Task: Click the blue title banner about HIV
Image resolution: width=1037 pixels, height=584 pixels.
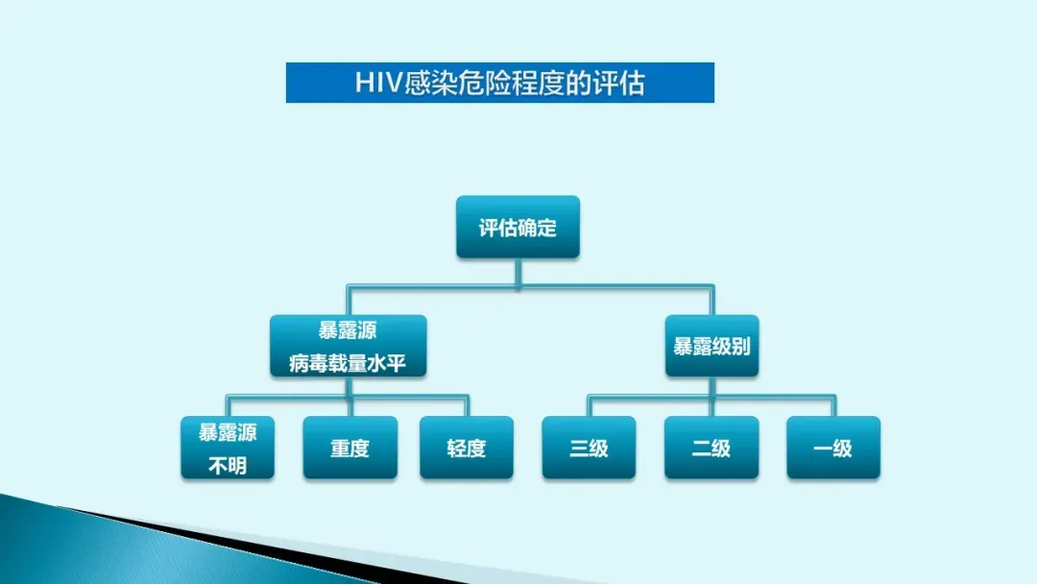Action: pos(499,83)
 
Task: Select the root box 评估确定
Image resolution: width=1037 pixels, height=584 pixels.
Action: pos(518,228)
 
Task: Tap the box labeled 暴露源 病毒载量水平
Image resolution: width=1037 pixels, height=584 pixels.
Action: pos(348,347)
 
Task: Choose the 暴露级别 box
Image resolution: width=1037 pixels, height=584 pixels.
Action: pos(711,347)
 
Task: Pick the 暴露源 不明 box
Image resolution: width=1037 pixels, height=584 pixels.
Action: pos(228,448)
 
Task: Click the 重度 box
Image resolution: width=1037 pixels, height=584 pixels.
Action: pos(350,448)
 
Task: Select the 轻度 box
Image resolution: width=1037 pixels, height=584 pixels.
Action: pos(467,448)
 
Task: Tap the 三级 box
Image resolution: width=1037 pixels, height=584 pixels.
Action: pos(589,448)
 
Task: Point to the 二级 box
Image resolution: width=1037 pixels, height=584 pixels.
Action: pos(711,448)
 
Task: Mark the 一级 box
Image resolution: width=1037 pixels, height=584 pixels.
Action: pos(832,448)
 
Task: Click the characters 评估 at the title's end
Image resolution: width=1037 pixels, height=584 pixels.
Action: pos(620,83)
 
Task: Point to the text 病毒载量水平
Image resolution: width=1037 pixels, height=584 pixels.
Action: pos(348,363)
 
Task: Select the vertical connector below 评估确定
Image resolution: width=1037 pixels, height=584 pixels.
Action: pos(518,272)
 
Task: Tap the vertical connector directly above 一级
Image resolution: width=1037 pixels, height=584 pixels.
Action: pos(832,405)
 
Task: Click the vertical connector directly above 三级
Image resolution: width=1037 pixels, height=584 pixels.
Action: pos(589,405)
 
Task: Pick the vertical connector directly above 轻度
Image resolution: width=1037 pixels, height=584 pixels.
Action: pos(467,405)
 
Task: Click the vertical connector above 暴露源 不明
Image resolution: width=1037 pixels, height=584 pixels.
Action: pos(228,405)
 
